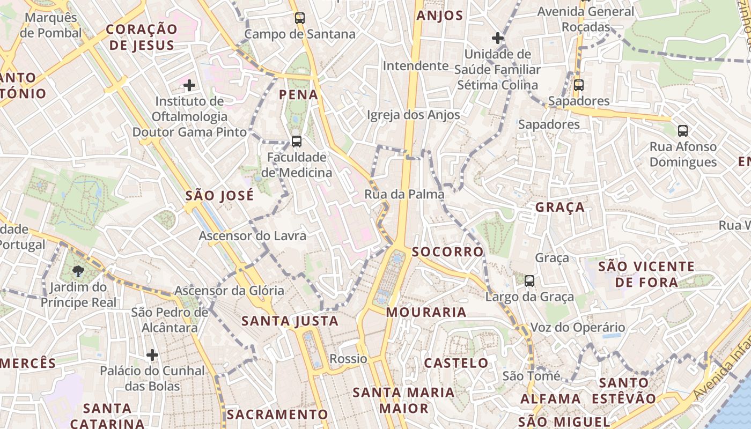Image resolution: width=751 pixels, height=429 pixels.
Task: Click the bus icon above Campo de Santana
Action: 299,18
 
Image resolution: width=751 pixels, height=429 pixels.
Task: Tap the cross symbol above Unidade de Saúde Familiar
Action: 497,38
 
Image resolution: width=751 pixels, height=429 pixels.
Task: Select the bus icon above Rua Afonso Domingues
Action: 682,130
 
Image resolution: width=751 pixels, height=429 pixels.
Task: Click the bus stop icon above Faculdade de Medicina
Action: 296,142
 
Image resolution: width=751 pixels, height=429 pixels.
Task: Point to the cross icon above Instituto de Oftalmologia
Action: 189,85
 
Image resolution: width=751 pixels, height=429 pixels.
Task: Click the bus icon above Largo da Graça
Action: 529,280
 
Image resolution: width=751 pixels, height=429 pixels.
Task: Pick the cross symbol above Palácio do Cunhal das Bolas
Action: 152,354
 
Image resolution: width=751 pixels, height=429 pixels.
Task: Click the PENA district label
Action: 299,95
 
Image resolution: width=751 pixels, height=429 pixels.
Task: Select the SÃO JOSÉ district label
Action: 219,196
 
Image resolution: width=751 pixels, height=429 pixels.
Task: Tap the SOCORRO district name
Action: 447,252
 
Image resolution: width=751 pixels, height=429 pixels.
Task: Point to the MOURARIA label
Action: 426,312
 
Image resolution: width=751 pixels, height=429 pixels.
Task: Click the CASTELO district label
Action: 456,363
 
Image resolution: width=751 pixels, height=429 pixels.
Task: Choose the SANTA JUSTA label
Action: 290,321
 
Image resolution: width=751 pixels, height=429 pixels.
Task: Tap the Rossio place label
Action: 349,359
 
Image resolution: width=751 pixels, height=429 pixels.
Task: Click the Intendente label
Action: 416,66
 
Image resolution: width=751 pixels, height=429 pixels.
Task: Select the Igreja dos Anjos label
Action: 413,115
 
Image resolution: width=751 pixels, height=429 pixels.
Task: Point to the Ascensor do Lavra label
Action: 253,235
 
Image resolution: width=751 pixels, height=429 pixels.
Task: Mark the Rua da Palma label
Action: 404,194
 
